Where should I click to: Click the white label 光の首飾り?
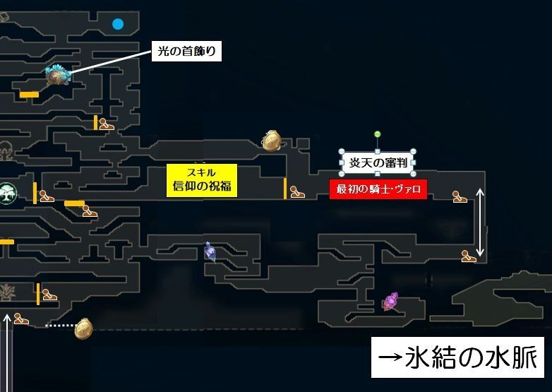click(x=186, y=52)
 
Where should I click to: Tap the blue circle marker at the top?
click(x=118, y=24)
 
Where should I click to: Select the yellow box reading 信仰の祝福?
click(x=201, y=179)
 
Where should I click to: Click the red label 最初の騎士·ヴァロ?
click(x=378, y=189)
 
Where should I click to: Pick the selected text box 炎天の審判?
click(x=378, y=163)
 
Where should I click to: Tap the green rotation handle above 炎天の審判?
click(x=378, y=134)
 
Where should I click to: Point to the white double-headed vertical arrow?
click(x=481, y=222)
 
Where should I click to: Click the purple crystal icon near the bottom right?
click(x=390, y=302)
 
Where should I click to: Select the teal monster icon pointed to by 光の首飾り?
click(x=56, y=73)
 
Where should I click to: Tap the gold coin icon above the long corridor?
click(x=272, y=141)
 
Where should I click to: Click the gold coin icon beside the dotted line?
click(x=83, y=328)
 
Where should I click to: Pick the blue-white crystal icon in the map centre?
click(x=210, y=251)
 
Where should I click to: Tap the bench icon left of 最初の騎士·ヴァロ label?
click(x=297, y=191)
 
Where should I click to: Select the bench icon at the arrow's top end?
click(x=460, y=196)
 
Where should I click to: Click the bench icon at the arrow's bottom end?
click(x=469, y=256)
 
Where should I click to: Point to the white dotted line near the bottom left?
click(x=59, y=326)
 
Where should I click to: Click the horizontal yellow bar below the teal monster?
click(x=29, y=94)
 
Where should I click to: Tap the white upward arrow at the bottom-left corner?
click(x=8, y=353)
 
